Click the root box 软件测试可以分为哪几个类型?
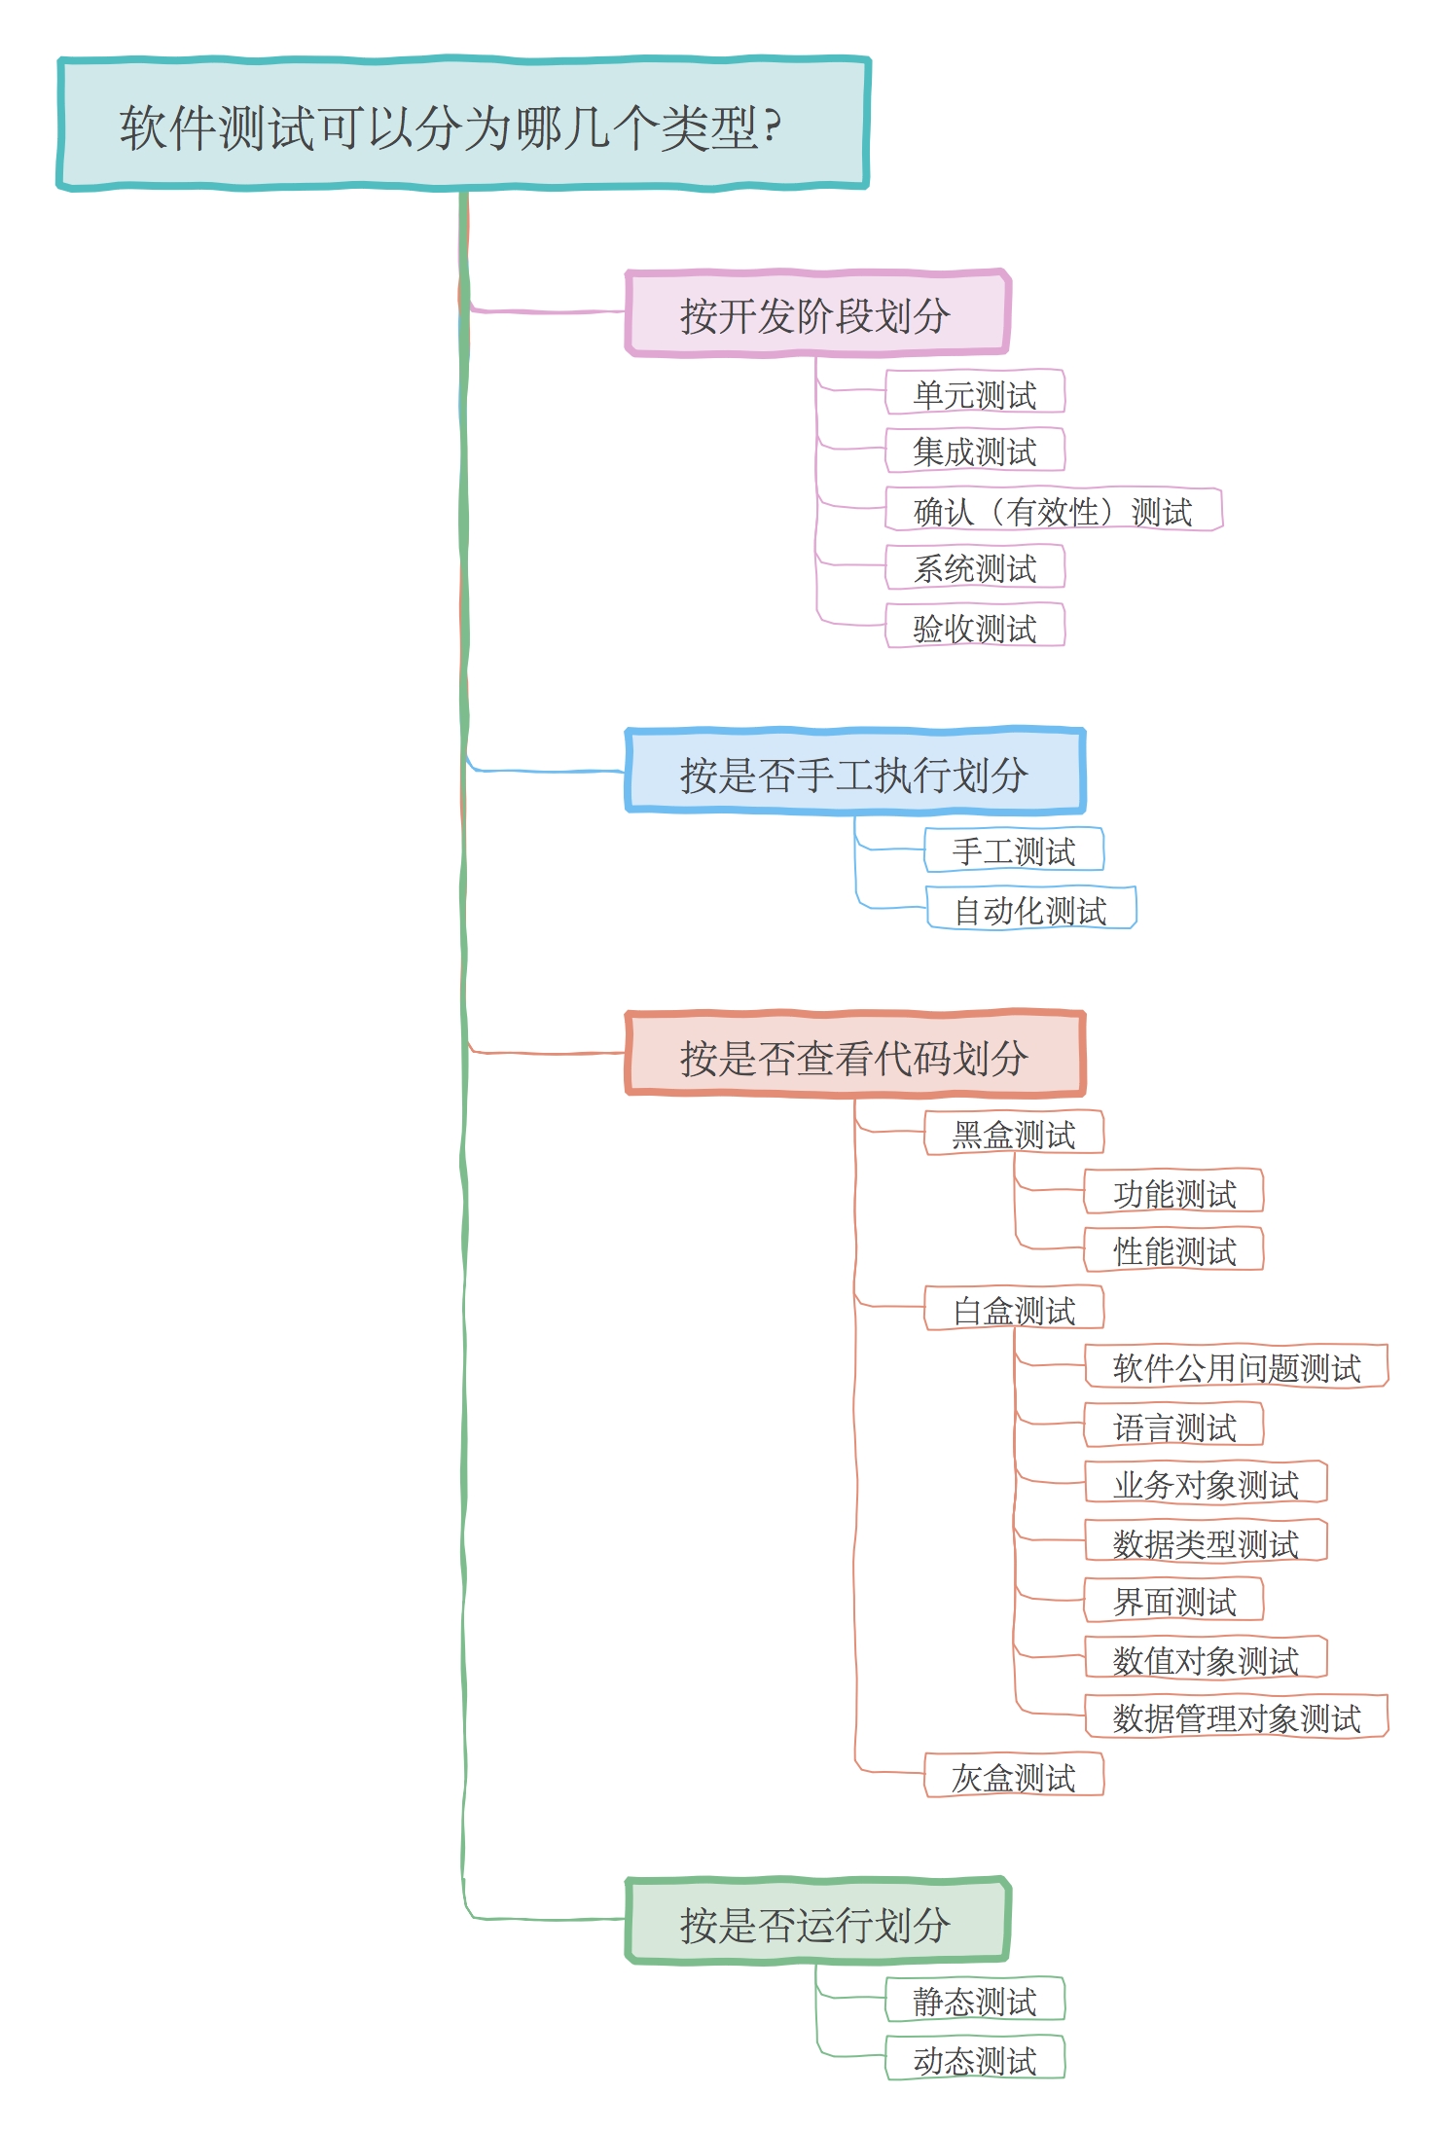point(463,125)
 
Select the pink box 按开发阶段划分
point(817,314)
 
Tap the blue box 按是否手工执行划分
point(854,773)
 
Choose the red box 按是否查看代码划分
point(854,1056)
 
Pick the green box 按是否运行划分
point(817,1922)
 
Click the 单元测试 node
point(975,393)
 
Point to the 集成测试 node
point(975,451)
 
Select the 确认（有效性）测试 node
point(1053,510)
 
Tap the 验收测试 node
point(975,627)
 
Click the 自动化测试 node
point(1030,909)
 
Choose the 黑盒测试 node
point(1014,1134)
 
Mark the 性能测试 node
point(1173,1250)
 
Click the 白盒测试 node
point(1014,1309)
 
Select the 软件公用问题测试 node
point(1236,1367)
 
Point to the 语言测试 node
point(1173,1426)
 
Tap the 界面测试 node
point(1173,1601)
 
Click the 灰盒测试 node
point(1014,1776)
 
